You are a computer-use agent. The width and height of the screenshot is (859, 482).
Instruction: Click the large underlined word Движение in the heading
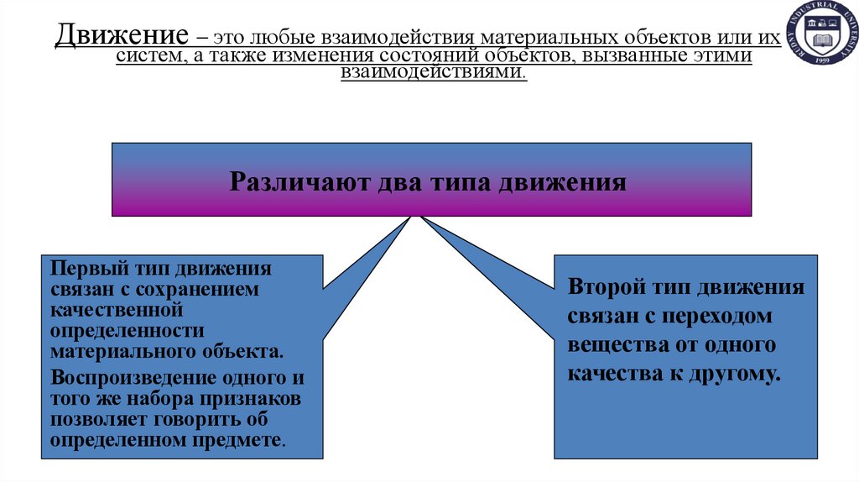pyautogui.click(x=122, y=37)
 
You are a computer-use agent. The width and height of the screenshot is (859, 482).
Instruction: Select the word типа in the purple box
pyautogui.click(x=461, y=181)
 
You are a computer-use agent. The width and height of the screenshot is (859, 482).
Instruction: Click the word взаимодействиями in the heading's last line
pyautogui.click(x=432, y=74)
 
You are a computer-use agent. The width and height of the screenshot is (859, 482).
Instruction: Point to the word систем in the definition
pyautogui.click(x=147, y=56)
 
